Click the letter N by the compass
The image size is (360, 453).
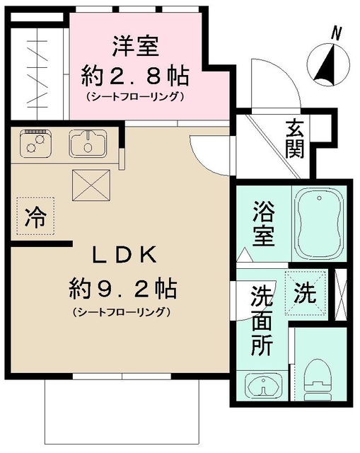tap(337, 32)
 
